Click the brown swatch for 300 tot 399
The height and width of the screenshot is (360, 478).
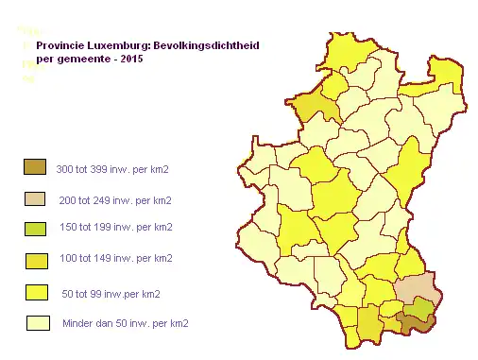click(x=35, y=167)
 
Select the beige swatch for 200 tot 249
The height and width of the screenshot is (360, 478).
click(x=35, y=198)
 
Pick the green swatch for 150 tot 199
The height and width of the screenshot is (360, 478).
click(x=35, y=229)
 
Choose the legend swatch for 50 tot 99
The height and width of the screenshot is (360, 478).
click(x=35, y=292)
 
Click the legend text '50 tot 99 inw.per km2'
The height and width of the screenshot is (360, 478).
click(x=111, y=292)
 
